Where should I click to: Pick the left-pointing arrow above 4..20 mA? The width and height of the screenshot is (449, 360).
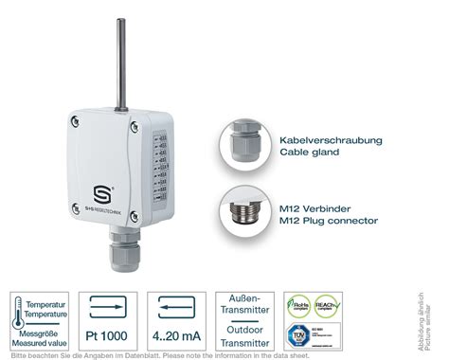[180, 305]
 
